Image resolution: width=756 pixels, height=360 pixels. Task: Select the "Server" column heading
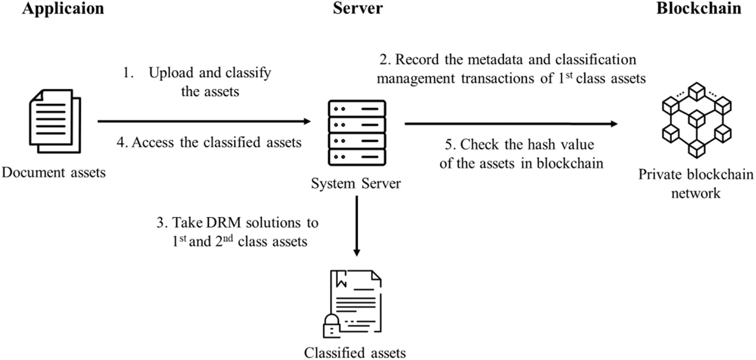point(358,9)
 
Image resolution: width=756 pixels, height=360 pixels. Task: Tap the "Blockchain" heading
point(699,9)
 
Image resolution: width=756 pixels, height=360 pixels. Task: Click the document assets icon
point(53,121)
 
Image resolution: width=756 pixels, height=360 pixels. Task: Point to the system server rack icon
point(357,133)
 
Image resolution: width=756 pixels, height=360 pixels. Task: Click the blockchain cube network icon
point(696,123)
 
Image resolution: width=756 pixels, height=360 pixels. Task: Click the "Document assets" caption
point(54,173)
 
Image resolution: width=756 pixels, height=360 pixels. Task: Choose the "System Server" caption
point(357,183)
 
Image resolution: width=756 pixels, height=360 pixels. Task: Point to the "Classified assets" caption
point(355,351)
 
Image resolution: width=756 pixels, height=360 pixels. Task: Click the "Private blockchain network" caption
point(696,184)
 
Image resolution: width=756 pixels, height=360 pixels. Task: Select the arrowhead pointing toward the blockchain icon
point(614,124)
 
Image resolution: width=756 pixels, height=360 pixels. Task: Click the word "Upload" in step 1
point(169,73)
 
